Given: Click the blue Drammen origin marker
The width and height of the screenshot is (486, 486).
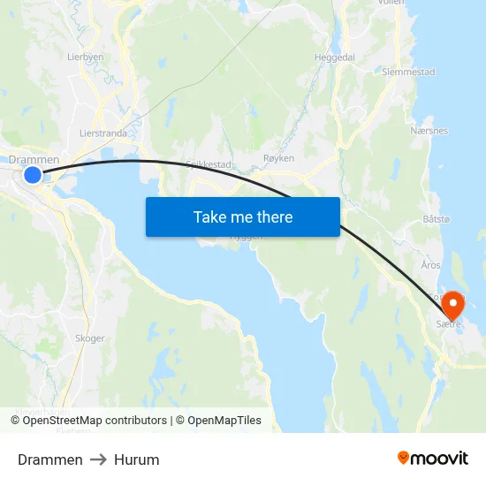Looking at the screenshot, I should tap(33, 174).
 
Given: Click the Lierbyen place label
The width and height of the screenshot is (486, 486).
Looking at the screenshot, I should tap(86, 56).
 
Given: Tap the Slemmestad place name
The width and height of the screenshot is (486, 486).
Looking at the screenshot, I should tap(409, 72).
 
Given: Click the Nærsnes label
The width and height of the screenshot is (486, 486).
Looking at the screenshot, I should tap(429, 131).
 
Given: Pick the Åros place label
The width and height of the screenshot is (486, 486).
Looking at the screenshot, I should tap(430, 265).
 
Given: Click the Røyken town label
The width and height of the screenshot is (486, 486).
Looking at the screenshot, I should tap(278, 158).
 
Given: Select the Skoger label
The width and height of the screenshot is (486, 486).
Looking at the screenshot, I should tap(90, 338).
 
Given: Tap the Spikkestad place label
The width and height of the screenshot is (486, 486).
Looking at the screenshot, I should tap(209, 164).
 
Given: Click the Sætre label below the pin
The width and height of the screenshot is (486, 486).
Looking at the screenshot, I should tap(449, 325).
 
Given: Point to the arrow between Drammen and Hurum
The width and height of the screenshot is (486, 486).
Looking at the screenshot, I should tap(98, 459).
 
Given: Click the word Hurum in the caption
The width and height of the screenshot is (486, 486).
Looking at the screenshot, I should tap(137, 459).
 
